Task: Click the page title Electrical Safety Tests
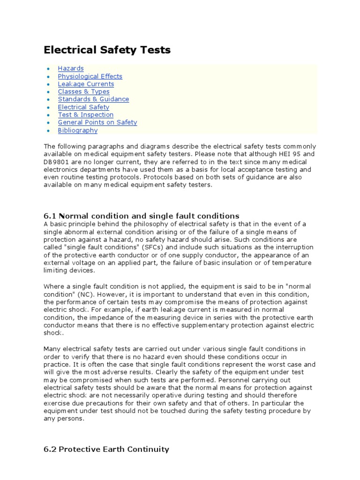click(x=107, y=50)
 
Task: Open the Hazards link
click(x=71, y=68)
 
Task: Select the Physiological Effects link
click(x=90, y=76)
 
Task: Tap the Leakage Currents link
click(x=86, y=84)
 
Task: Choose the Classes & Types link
click(x=83, y=92)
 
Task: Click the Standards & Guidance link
click(x=93, y=99)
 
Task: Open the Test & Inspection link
click(x=85, y=115)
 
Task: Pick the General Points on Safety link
click(x=97, y=122)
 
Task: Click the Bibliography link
click(x=78, y=130)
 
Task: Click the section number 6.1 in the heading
click(x=50, y=216)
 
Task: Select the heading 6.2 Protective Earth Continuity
click(x=106, y=449)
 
